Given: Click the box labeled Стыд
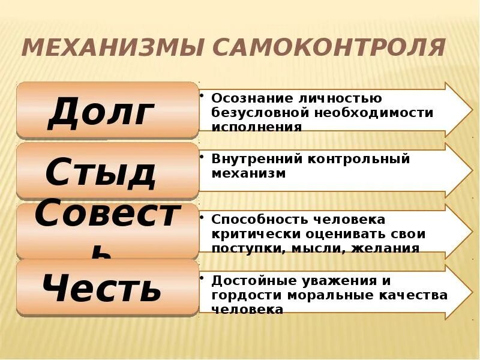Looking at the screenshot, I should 107,171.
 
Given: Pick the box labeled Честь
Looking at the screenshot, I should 107,288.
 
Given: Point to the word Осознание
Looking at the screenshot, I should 246,98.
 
